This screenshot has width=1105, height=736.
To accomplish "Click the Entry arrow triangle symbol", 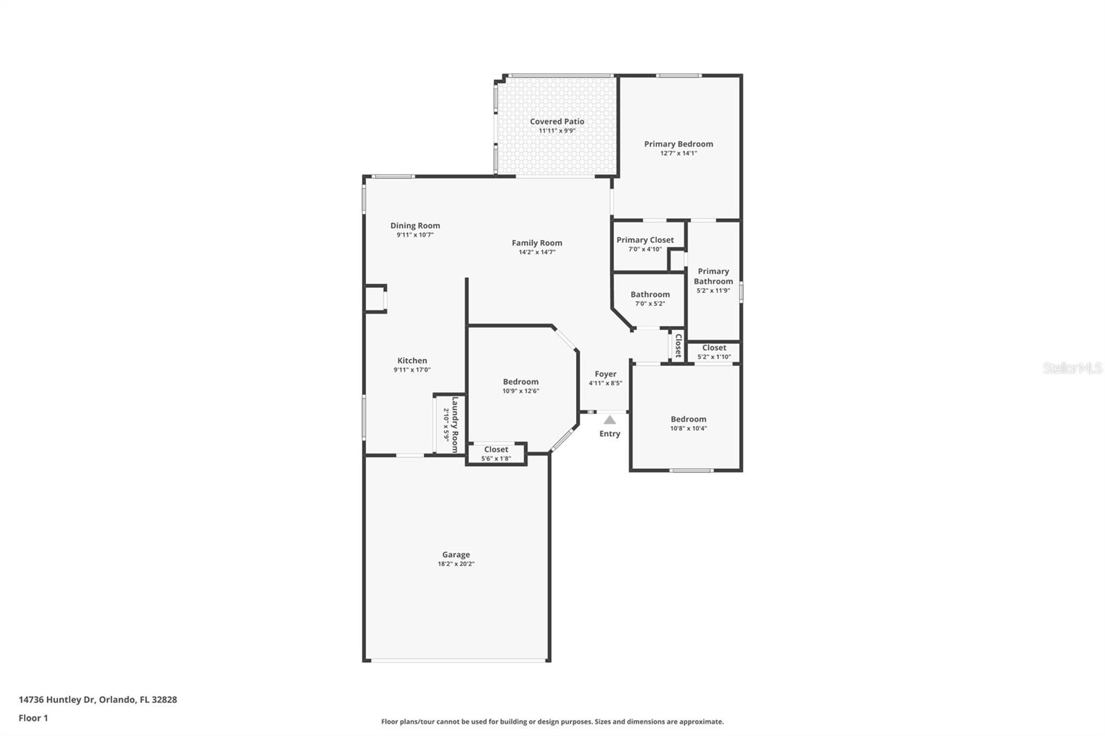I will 610,420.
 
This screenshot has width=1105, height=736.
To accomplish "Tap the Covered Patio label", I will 557,122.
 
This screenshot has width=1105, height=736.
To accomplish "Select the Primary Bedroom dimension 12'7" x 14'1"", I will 678,153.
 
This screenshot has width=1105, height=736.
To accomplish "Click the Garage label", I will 456,554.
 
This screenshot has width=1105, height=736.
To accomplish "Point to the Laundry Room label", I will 455,424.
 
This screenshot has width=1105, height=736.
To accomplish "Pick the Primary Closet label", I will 645,240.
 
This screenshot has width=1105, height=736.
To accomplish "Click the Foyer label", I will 606,374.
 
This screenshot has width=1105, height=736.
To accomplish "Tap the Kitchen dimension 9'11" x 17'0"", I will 412,370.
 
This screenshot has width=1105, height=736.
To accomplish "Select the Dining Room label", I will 415,226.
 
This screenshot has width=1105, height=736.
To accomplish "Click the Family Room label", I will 537,243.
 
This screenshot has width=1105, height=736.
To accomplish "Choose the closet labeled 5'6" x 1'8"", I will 496,454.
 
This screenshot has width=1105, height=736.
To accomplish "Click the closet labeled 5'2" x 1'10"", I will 714,352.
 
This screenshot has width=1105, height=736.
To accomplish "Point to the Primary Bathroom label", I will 713,276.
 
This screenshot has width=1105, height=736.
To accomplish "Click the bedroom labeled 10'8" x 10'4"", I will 689,423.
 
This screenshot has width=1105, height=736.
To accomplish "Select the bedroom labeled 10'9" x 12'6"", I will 521,386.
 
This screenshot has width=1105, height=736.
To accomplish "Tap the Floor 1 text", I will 33,718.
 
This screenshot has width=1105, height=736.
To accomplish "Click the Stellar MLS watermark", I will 1072,369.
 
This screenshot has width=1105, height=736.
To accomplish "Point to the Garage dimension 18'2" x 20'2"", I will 456,564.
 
